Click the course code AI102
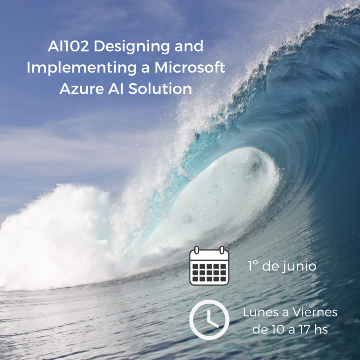68,46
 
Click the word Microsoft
190,67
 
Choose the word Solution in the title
160,89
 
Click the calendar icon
209,266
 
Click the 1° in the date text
252,266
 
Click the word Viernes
315,312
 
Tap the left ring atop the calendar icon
197,250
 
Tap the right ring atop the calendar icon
222,250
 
